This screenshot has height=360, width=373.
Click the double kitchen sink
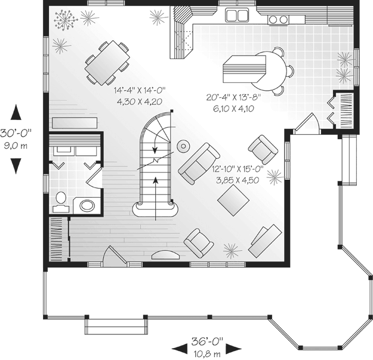coord(237,16)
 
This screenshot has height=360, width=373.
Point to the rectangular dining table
coord(107,63)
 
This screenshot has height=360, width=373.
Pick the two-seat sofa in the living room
coord(199,164)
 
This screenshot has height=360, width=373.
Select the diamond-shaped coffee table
coord(233,200)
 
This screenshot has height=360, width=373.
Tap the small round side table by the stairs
coord(183,146)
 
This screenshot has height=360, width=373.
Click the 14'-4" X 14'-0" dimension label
coord(140,90)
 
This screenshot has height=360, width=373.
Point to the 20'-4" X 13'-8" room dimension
coord(233,97)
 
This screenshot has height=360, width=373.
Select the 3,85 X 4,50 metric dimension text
coord(238,180)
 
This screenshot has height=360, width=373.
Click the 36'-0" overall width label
coord(207,341)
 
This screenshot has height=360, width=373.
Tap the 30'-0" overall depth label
coord(16,133)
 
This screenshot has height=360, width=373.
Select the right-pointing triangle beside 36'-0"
coord(233,349)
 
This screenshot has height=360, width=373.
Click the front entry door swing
coord(114,254)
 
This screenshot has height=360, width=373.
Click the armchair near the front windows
coord(199,243)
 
